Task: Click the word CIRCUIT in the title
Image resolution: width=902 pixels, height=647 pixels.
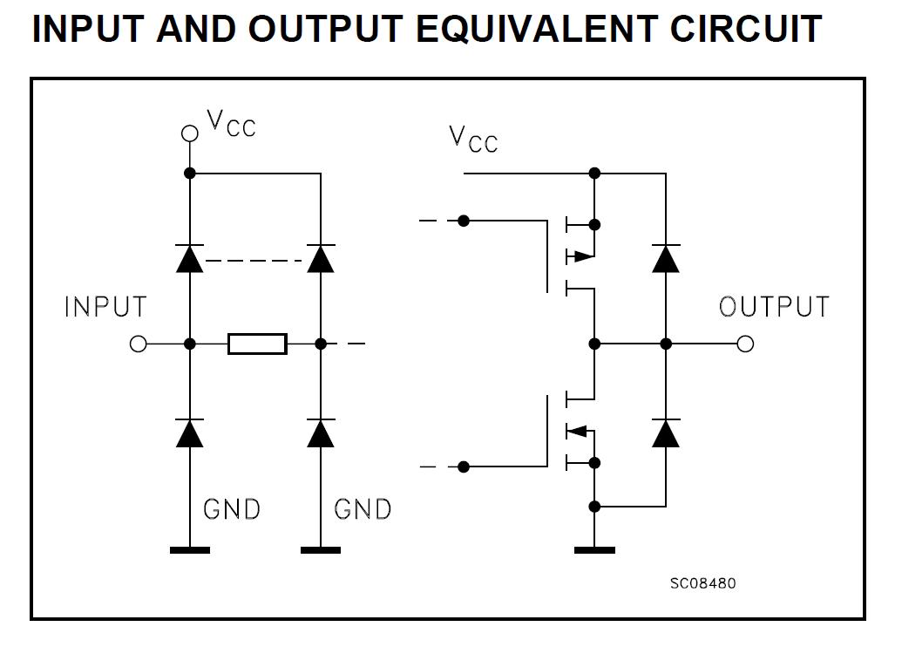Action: click(x=746, y=29)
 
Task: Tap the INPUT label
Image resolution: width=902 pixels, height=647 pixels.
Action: click(x=106, y=307)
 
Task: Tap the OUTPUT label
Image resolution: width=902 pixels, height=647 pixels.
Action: click(x=774, y=307)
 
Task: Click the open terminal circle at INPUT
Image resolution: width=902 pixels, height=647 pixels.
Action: click(x=138, y=344)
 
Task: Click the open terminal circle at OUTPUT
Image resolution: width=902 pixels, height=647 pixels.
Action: click(x=745, y=344)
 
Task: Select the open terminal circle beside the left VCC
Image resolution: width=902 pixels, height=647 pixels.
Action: click(x=189, y=133)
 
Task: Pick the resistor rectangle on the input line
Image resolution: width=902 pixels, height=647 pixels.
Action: click(x=257, y=344)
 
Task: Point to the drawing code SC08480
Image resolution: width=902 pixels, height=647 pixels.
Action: click(x=702, y=582)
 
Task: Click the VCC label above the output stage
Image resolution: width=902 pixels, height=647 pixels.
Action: click(x=473, y=139)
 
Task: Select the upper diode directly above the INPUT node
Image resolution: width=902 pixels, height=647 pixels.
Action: click(x=189, y=258)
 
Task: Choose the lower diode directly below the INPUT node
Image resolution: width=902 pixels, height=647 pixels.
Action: click(x=189, y=432)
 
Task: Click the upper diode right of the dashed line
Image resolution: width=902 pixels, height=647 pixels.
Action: click(x=321, y=258)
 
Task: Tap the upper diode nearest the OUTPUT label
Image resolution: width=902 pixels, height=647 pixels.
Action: click(x=666, y=258)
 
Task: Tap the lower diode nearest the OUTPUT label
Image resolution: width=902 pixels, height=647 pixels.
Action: click(x=666, y=432)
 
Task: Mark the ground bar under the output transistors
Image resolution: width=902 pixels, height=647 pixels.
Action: click(x=594, y=550)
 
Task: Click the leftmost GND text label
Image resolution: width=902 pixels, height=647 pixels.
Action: click(x=231, y=509)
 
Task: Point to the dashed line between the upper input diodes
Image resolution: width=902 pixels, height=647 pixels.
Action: click(x=254, y=259)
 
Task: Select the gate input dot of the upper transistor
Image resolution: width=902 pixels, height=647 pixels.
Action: click(x=464, y=221)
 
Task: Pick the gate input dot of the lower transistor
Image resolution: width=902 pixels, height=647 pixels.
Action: click(x=464, y=467)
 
